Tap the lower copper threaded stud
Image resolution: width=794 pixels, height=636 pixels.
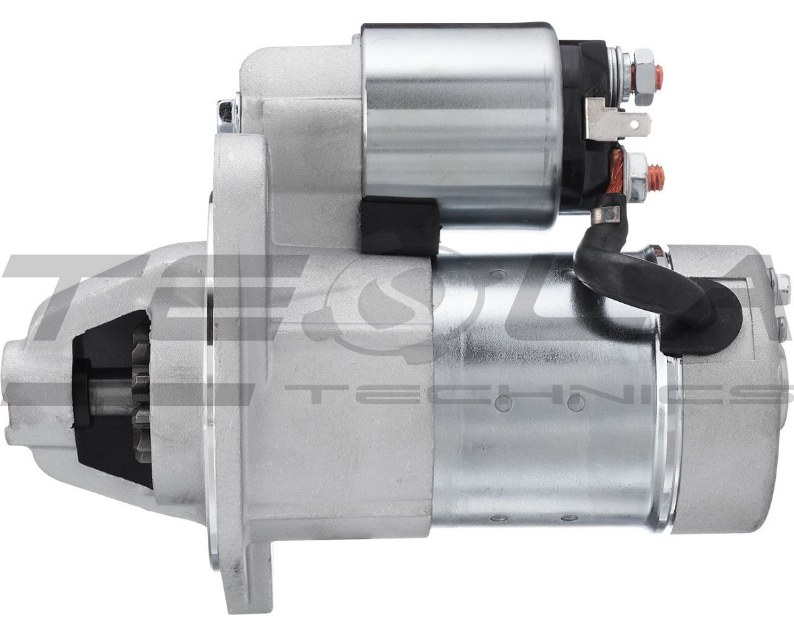pos(658,175)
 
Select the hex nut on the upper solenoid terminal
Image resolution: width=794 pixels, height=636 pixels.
pos(644,76)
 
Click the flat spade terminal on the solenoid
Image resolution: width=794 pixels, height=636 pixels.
pos(618,120)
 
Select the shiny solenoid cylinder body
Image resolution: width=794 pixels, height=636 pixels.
pos(461,124)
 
